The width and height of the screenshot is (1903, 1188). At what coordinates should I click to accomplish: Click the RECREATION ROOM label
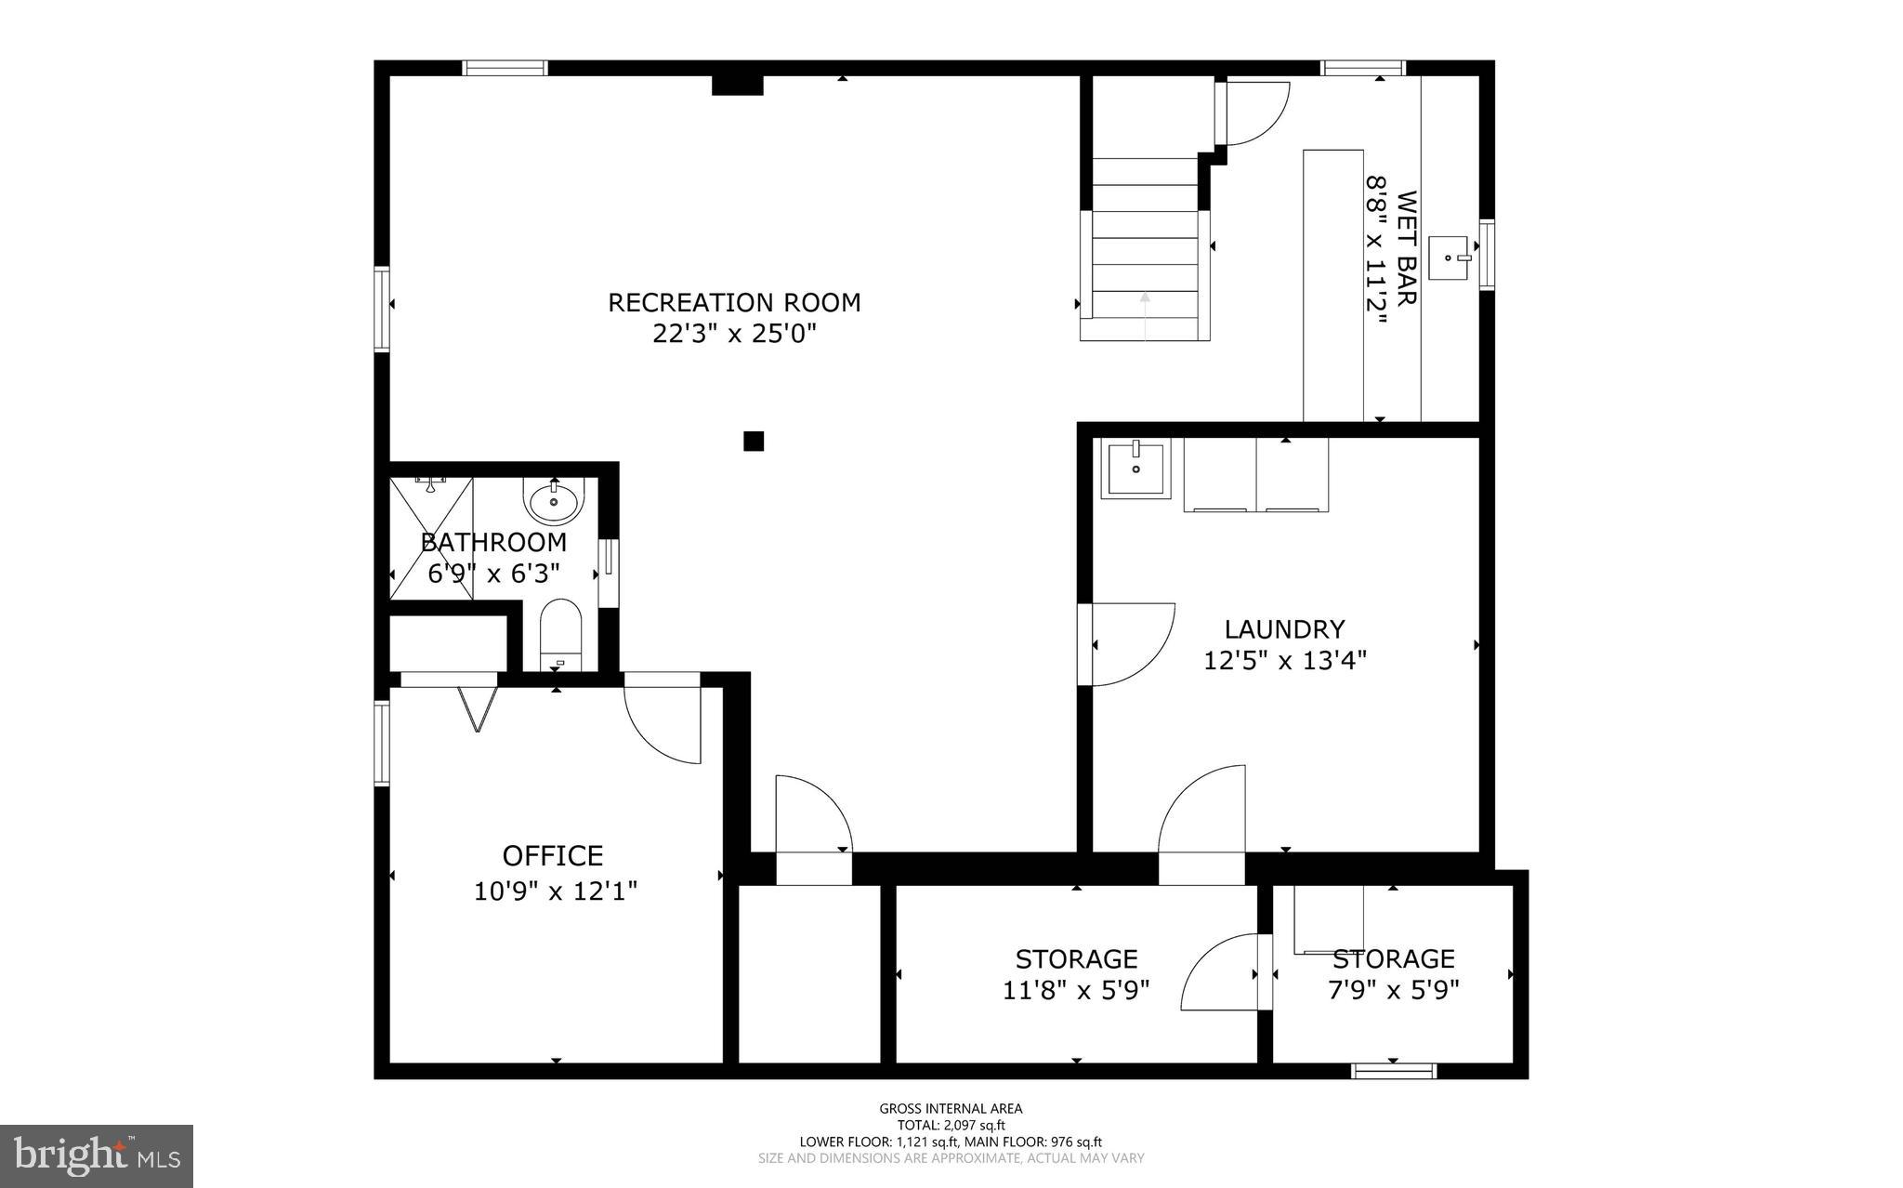[x=734, y=302]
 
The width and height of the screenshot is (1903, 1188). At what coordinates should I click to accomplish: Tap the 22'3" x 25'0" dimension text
[x=734, y=334]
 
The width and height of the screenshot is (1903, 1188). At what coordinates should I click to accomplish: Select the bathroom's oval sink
[x=554, y=502]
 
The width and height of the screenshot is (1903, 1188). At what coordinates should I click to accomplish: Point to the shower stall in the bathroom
[x=430, y=537]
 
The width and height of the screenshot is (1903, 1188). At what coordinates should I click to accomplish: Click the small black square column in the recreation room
[x=754, y=441]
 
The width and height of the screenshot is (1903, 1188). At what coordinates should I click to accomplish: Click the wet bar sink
[x=1448, y=257]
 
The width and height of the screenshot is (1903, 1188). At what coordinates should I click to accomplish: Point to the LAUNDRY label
[x=1284, y=629]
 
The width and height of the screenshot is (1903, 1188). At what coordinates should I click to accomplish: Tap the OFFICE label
[x=553, y=855]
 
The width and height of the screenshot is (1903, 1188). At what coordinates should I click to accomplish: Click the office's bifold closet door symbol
[x=478, y=708]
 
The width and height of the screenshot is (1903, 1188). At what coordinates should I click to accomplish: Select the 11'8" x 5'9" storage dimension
[x=1076, y=990]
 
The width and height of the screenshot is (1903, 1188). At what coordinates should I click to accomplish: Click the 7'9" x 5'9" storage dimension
[x=1393, y=990]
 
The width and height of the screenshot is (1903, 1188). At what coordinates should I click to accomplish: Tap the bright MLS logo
[x=97, y=1155]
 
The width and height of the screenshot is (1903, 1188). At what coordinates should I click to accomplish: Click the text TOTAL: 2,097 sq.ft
[x=951, y=1125]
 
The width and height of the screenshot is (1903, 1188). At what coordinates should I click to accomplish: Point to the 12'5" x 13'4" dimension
[x=1284, y=661]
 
